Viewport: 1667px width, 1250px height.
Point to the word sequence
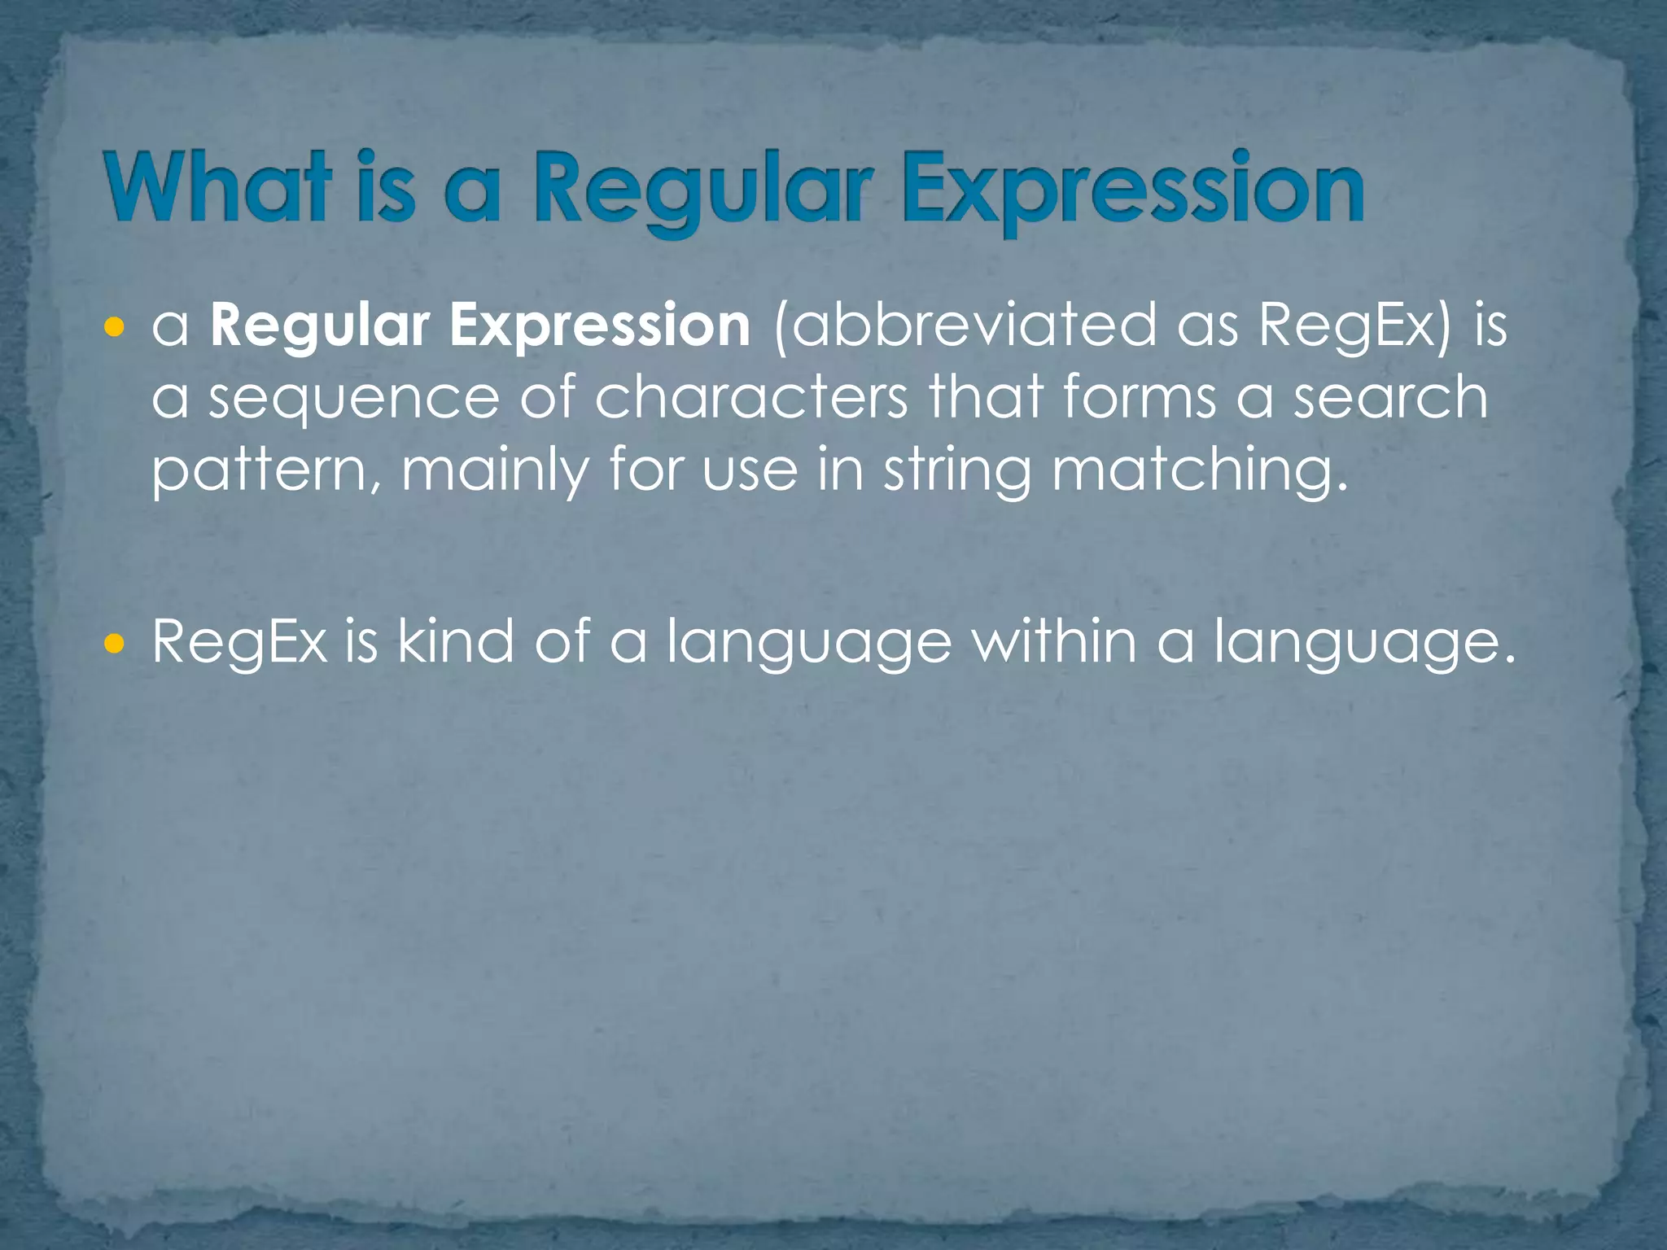coord(354,399)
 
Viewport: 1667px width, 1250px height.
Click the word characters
coord(750,399)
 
